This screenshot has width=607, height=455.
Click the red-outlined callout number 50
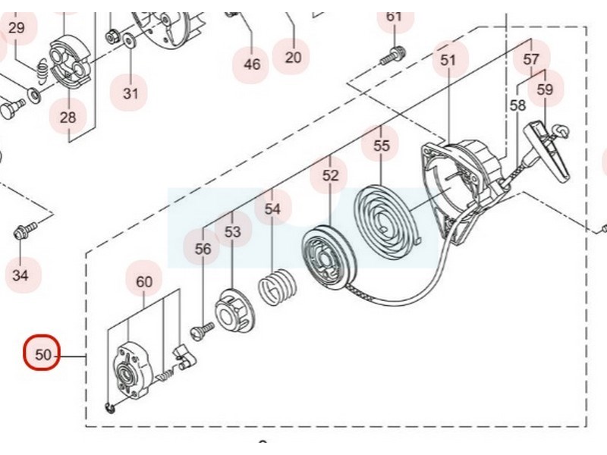tap(42, 353)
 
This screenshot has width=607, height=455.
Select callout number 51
tap(448, 59)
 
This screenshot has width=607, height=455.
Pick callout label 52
tap(330, 175)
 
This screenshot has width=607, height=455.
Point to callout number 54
tap(272, 209)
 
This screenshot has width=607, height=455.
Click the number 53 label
tap(232, 231)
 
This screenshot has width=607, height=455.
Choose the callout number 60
tap(144, 281)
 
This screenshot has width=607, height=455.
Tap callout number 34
tap(20, 274)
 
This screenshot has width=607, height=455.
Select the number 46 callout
tap(252, 64)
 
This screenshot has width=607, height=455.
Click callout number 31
tap(131, 93)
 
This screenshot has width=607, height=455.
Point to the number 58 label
tap(517, 105)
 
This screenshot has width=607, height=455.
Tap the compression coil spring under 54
tap(275, 290)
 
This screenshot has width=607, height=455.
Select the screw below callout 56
tap(203, 328)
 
